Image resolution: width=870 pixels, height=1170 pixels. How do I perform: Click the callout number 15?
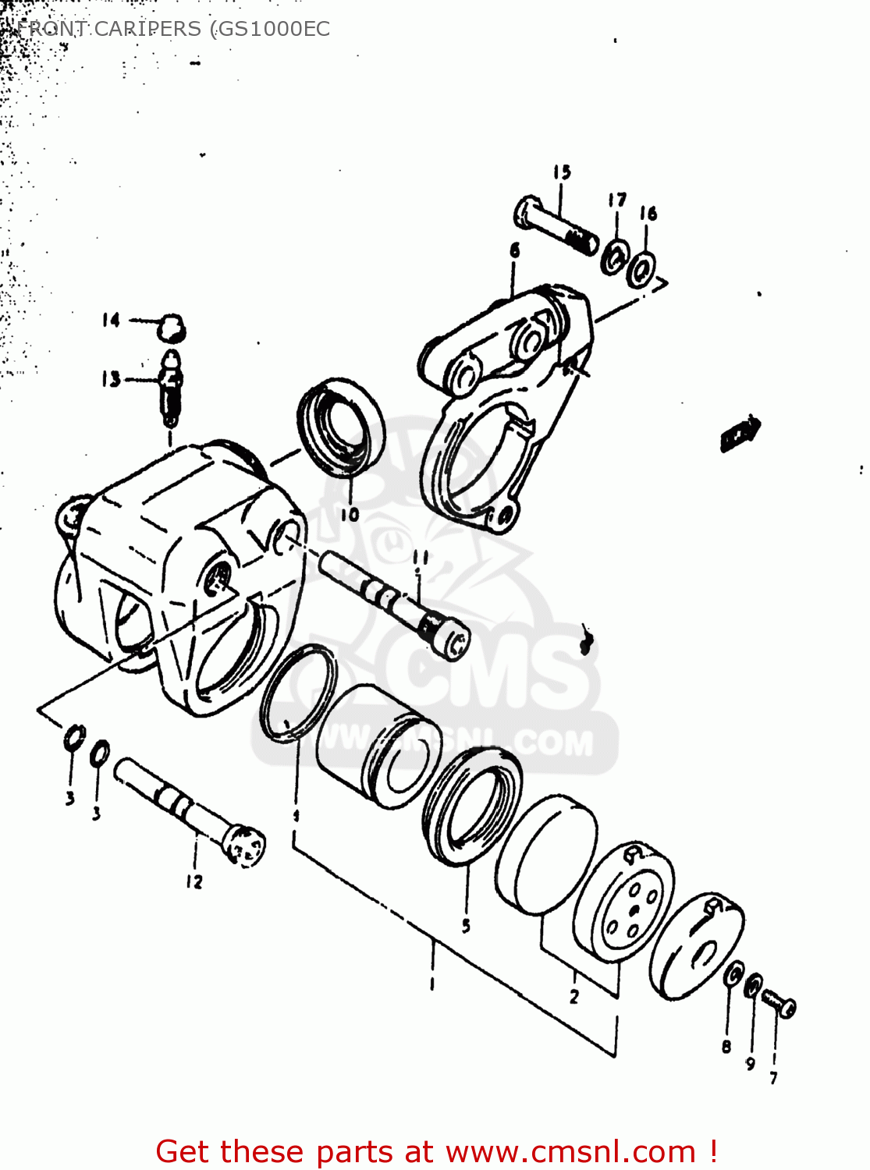[562, 172]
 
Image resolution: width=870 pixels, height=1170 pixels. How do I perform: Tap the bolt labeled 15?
[556, 223]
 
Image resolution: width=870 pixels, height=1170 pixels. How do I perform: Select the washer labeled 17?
[615, 256]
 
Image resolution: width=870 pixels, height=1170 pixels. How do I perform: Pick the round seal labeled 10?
[342, 427]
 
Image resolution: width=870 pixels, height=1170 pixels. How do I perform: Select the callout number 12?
[194, 881]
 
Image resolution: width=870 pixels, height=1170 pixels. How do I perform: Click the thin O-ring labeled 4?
[298, 693]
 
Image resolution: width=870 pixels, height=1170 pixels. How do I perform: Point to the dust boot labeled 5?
[472, 806]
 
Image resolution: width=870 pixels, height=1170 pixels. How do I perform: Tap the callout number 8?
[726, 1047]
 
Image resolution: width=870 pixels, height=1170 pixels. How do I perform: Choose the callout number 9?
[750, 1063]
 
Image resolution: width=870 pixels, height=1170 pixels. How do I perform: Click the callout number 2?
[574, 996]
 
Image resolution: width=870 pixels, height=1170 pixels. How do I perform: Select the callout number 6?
[514, 250]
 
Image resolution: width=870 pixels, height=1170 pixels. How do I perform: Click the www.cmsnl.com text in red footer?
[570, 1152]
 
